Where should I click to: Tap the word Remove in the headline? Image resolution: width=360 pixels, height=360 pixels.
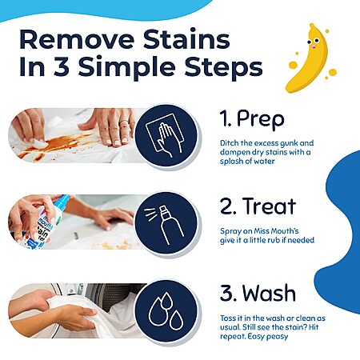click(77, 39)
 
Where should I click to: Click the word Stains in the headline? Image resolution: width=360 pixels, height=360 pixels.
click(186, 39)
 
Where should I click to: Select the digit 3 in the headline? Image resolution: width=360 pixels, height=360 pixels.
click(62, 66)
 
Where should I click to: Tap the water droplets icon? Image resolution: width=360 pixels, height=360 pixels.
click(166, 310)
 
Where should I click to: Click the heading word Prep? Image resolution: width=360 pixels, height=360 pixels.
click(260, 119)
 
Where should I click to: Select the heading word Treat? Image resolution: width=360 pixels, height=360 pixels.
click(270, 206)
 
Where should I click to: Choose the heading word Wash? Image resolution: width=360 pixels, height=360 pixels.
click(269, 293)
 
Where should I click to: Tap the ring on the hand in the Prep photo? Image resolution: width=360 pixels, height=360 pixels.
click(124, 123)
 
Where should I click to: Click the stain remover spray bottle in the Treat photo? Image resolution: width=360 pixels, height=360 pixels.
click(46, 222)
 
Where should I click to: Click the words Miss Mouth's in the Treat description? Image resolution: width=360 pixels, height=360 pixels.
click(276, 230)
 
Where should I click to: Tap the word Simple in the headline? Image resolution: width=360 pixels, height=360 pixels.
click(126, 67)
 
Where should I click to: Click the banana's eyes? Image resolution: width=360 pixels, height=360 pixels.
click(314, 41)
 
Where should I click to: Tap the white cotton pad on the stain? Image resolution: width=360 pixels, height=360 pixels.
click(38, 143)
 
